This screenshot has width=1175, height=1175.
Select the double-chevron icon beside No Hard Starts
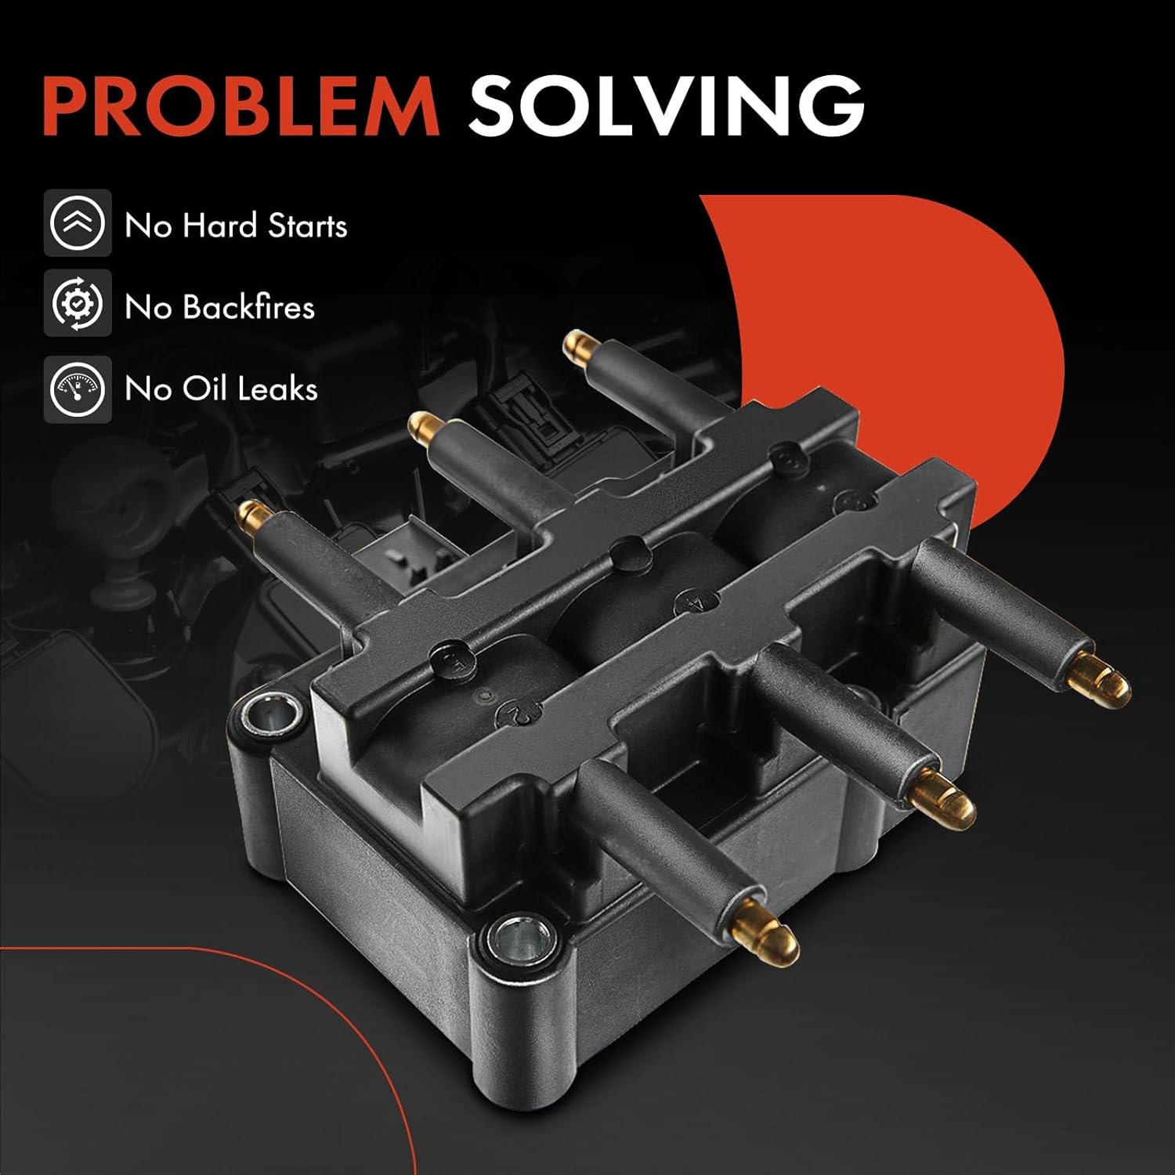pyautogui.click(x=77, y=223)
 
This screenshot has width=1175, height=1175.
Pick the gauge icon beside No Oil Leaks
pyautogui.click(x=77, y=389)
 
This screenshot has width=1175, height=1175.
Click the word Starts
pyautogui.click(x=307, y=226)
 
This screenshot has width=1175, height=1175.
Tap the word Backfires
pyautogui.click(x=249, y=306)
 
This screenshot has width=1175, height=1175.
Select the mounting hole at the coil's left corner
pyautogui.click(x=273, y=713)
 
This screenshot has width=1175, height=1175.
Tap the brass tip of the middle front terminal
pyautogui.click(x=944, y=794)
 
